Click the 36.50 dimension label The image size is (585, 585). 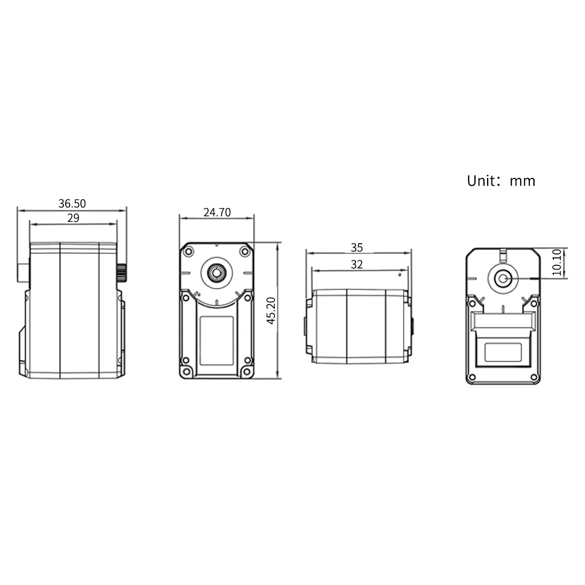point(72,203)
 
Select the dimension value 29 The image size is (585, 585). point(73,217)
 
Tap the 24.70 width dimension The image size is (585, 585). point(217,212)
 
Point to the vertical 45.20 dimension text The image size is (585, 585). point(271,311)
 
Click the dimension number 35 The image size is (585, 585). point(357,248)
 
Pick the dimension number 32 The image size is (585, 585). point(357,264)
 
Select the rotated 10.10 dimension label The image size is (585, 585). point(557,262)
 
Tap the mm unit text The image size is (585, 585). point(523,181)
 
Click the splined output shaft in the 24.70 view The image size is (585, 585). point(216,273)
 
